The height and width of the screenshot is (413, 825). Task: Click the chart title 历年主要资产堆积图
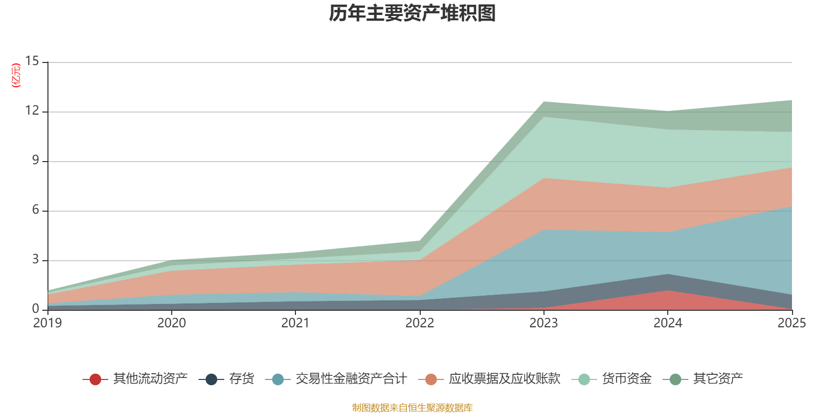pyautogui.click(x=412, y=14)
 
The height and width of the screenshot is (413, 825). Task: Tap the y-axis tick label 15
pyautogui.click(x=32, y=61)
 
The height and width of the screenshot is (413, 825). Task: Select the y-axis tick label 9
pyautogui.click(x=35, y=161)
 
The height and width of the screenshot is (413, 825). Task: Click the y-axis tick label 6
pyautogui.click(x=35, y=210)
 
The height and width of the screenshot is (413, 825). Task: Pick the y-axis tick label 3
pyautogui.click(x=35, y=260)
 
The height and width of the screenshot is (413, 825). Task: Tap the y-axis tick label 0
pyautogui.click(x=35, y=309)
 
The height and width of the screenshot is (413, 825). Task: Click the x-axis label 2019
pyautogui.click(x=47, y=323)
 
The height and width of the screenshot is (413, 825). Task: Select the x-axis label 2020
pyautogui.click(x=172, y=323)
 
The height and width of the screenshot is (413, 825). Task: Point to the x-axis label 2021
pyautogui.click(x=295, y=323)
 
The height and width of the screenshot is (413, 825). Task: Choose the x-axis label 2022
pyautogui.click(x=420, y=323)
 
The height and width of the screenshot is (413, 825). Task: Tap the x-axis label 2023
pyautogui.click(x=543, y=323)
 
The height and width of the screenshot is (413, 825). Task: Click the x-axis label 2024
pyautogui.click(x=668, y=323)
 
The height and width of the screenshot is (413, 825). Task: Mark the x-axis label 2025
pyautogui.click(x=791, y=323)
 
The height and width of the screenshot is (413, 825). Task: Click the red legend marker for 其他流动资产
pyautogui.click(x=95, y=379)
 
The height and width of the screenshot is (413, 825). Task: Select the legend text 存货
pyautogui.click(x=242, y=379)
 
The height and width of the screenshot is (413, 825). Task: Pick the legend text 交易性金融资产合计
pyautogui.click(x=351, y=379)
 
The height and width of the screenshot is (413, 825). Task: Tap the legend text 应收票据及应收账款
pyautogui.click(x=504, y=379)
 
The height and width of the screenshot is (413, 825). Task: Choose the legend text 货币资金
pyautogui.click(x=627, y=379)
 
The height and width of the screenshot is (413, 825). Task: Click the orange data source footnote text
pyautogui.click(x=412, y=408)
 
